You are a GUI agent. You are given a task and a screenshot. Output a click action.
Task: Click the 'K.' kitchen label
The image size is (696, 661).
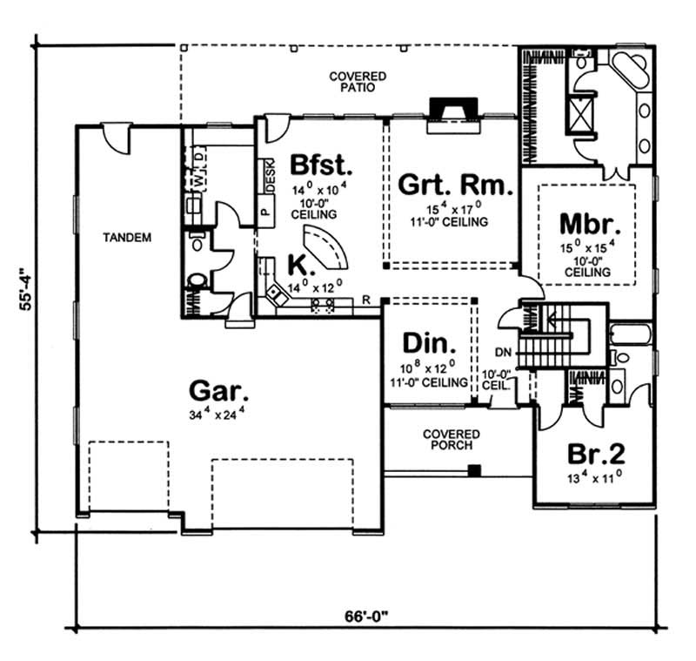pos(278,264)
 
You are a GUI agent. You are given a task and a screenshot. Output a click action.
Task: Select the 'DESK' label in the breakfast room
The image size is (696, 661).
pos(271,179)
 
